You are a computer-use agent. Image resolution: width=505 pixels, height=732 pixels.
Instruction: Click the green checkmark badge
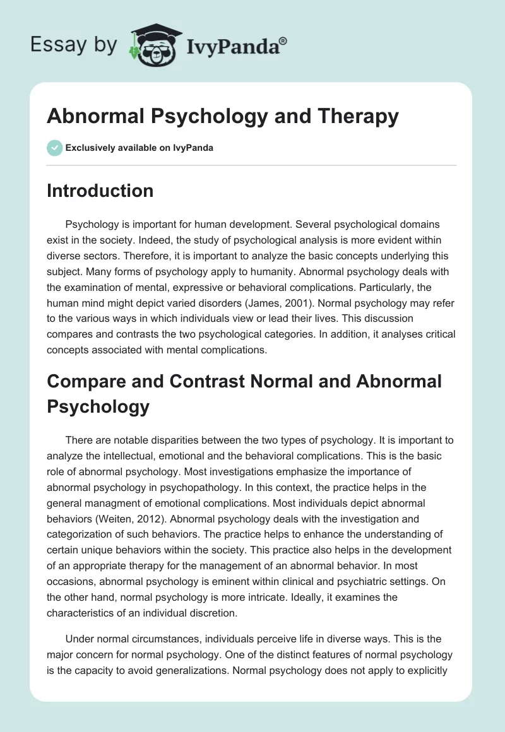(x=54, y=148)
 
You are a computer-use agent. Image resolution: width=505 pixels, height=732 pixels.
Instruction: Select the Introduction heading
(x=100, y=191)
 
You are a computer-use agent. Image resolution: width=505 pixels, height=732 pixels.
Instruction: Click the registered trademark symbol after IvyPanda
(x=283, y=40)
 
